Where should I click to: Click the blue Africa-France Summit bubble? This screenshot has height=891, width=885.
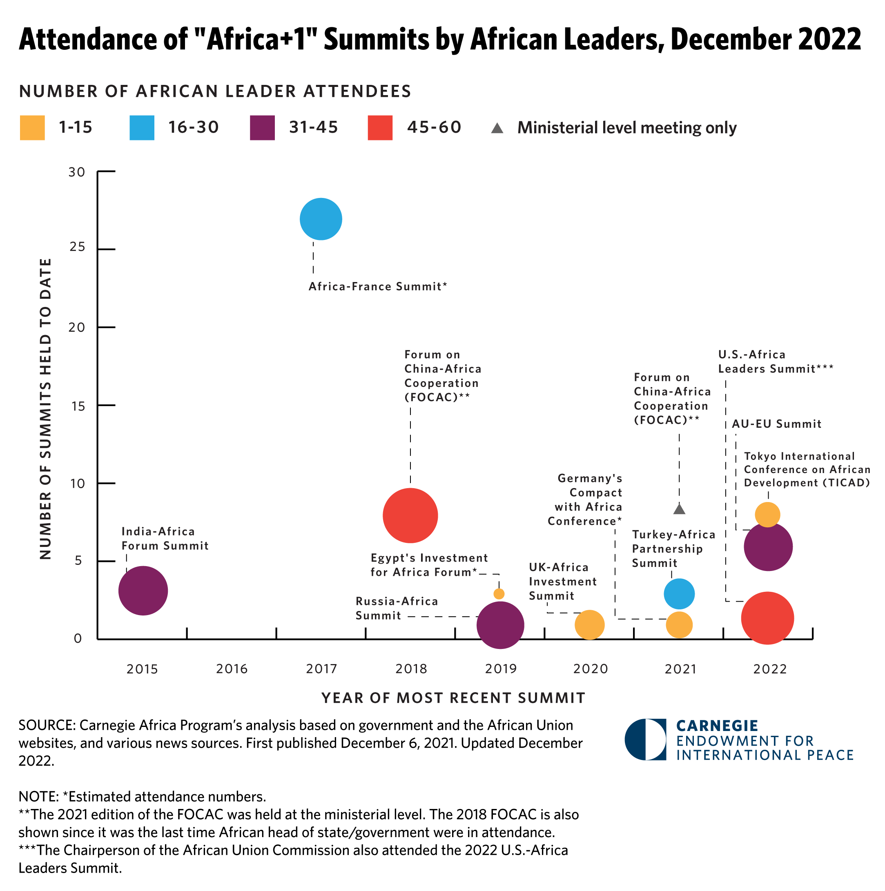(321, 219)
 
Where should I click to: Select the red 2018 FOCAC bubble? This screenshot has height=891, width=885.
(410, 515)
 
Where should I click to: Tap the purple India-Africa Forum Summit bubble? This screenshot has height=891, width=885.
(143, 590)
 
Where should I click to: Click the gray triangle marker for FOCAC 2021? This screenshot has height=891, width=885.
(679, 509)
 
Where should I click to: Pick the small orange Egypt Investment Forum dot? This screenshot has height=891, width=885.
(499, 593)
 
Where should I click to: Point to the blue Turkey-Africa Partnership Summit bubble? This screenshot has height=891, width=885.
(679, 593)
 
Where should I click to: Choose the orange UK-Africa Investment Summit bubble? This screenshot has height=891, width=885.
(589, 624)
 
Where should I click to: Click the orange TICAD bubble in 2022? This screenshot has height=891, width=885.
(767, 514)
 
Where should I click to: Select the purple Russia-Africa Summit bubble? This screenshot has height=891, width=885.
(500, 625)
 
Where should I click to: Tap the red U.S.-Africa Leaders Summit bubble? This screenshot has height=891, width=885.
(767, 618)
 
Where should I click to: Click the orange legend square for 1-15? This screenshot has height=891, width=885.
(32, 128)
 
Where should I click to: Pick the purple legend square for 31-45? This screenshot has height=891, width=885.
(262, 128)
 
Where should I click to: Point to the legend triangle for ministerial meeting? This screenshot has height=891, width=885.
(497, 128)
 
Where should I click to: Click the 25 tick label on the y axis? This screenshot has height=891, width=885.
(78, 247)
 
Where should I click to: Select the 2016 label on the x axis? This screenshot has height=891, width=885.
(232, 669)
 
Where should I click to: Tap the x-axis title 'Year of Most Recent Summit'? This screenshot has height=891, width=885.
(453, 698)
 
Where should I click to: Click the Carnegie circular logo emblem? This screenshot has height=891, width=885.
(646, 739)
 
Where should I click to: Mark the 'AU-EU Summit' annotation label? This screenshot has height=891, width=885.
(776, 424)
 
